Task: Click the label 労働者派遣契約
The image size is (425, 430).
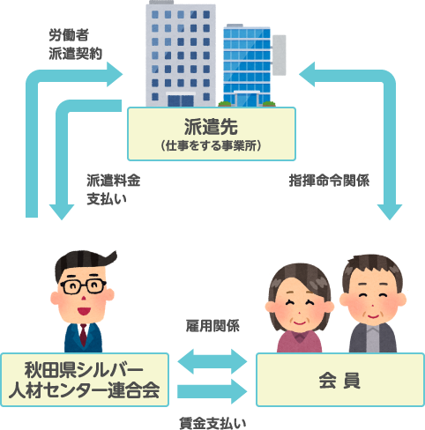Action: (x=75, y=44)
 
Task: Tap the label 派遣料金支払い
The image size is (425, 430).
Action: (x=113, y=189)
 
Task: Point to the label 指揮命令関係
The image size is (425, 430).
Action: (x=329, y=181)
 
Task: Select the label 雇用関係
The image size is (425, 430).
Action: (x=212, y=326)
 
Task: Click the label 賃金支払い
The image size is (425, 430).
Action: (x=212, y=423)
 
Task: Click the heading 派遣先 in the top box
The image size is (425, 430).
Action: (x=211, y=127)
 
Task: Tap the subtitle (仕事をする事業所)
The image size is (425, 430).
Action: (x=211, y=145)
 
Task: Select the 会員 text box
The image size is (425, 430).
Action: (x=340, y=380)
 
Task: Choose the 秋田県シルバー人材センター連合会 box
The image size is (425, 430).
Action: (x=85, y=380)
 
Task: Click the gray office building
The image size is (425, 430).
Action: (x=181, y=55)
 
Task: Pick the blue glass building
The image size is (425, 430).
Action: (x=247, y=65)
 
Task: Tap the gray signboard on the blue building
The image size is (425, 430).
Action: (x=279, y=55)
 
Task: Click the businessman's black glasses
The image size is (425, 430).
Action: (x=83, y=286)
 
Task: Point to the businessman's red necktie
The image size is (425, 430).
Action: (x=84, y=335)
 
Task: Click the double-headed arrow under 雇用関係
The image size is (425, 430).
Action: (x=212, y=361)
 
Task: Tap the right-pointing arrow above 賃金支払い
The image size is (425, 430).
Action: (x=212, y=391)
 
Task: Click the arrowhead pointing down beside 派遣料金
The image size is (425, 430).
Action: (x=62, y=212)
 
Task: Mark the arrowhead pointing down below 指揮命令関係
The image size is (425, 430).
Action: (x=390, y=212)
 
